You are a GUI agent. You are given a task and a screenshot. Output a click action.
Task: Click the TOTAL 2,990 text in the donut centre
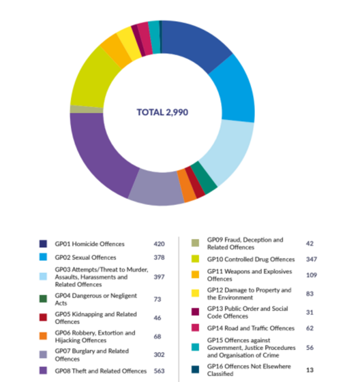(x=162, y=113)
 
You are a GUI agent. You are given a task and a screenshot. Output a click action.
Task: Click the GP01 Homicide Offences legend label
(x=89, y=243)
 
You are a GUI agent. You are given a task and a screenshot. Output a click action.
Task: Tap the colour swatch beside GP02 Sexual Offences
(x=43, y=258)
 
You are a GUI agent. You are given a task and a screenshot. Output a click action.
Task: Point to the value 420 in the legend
(x=160, y=243)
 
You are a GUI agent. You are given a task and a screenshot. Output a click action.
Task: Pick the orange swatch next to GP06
(x=43, y=337)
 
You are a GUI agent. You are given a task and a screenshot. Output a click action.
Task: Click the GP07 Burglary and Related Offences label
(x=91, y=355)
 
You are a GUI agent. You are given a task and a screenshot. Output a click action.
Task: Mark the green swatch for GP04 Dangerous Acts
(x=43, y=299)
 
